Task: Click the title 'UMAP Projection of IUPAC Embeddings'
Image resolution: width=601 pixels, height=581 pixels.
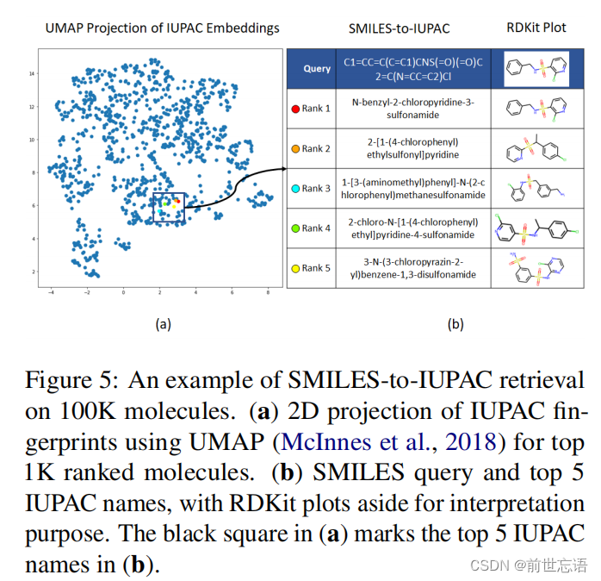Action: [x=163, y=28]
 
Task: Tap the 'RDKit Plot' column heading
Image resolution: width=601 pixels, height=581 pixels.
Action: [x=536, y=28]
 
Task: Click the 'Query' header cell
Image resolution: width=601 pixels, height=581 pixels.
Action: [x=317, y=68]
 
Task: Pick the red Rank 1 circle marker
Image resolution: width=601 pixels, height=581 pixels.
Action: [x=296, y=109]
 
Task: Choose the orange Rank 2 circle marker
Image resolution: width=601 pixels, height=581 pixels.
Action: [x=296, y=148]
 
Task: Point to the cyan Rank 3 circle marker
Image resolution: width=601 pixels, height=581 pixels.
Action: [x=296, y=188]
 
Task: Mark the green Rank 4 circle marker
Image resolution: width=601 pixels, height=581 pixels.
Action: [x=296, y=228]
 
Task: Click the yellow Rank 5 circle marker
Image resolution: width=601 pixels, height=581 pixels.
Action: [x=296, y=268]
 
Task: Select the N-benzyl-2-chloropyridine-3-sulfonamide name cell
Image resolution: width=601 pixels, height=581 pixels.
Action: [x=414, y=109]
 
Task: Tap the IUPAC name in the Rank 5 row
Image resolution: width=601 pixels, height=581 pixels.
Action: [x=414, y=268]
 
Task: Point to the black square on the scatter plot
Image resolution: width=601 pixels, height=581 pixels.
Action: [x=170, y=208]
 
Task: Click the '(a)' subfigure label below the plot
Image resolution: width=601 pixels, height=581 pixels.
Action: [x=163, y=324]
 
